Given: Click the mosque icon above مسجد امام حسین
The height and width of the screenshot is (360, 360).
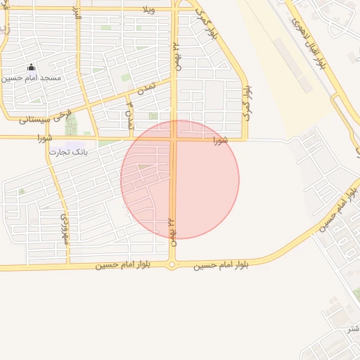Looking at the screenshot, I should coord(31,67).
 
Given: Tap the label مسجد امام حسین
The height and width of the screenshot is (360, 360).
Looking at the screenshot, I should coord(32,78).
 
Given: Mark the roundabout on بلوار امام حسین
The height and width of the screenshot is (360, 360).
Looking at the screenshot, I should coord(172,265).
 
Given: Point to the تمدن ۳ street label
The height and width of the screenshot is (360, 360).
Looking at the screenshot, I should coord(129,115).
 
